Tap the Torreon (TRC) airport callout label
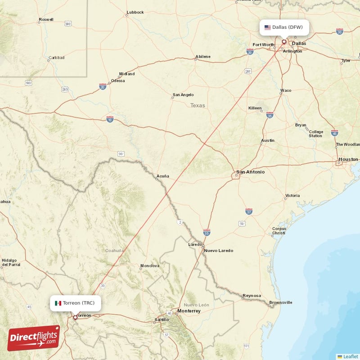pyautogui.click(x=75, y=303)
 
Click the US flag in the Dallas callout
pyautogui.click(x=267, y=27)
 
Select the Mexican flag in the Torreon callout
pyautogui.click(x=58, y=303)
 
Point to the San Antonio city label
pyautogui.click(x=250, y=172)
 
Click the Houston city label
pyautogui.click(x=348, y=159)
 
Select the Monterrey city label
pyautogui.click(x=189, y=311)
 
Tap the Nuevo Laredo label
pyautogui.click(x=218, y=250)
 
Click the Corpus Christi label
pyautogui.click(x=279, y=231)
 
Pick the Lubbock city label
pyautogui.click(x=135, y=12)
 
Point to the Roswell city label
pyautogui.click(x=46, y=20)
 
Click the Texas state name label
pyautogui.click(x=197, y=106)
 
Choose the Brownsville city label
pyautogui.click(x=280, y=302)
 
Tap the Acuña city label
pyautogui.click(x=163, y=175)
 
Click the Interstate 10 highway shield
pyautogui.click(x=110, y=119)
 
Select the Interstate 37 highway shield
pyautogui.click(x=249, y=211)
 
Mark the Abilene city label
pyautogui.click(x=202, y=57)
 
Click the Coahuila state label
pyautogui.click(x=114, y=250)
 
